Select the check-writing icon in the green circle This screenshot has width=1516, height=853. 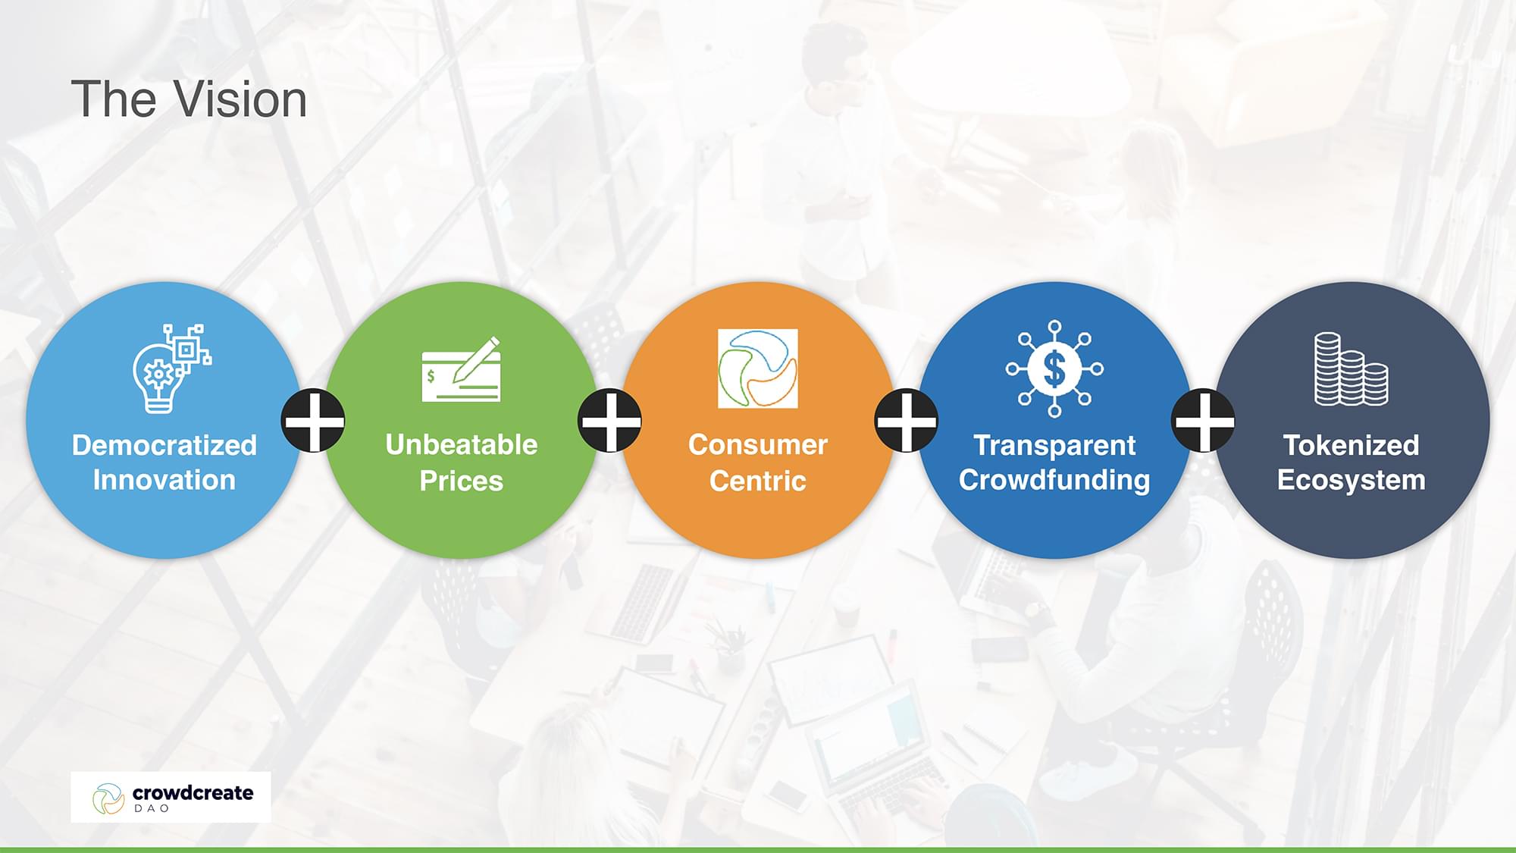(x=462, y=369)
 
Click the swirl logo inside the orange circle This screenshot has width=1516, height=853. (x=758, y=368)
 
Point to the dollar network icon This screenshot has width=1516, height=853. (x=1054, y=368)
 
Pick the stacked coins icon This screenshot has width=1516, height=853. (x=1351, y=368)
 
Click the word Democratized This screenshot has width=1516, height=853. (x=164, y=445)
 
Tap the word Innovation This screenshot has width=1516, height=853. (x=164, y=480)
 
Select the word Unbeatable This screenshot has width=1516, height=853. (x=462, y=444)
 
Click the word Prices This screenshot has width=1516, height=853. (x=462, y=481)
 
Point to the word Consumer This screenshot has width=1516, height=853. (x=758, y=444)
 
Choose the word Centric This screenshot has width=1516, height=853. (x=758, y=481)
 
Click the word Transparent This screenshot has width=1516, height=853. (x=1054, y=445)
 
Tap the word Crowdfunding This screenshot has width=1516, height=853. (x=1054, y=480)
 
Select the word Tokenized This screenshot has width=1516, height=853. (x=1351, y=445)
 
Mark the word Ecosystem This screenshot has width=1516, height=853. (x=1351, y=480)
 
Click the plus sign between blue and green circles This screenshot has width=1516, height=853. (x=313, y=421)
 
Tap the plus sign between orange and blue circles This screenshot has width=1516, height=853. (x=907, y=421)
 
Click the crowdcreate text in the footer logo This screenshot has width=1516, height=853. (x=193, y=793)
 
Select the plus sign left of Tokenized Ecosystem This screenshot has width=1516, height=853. (x=1204, y=421)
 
